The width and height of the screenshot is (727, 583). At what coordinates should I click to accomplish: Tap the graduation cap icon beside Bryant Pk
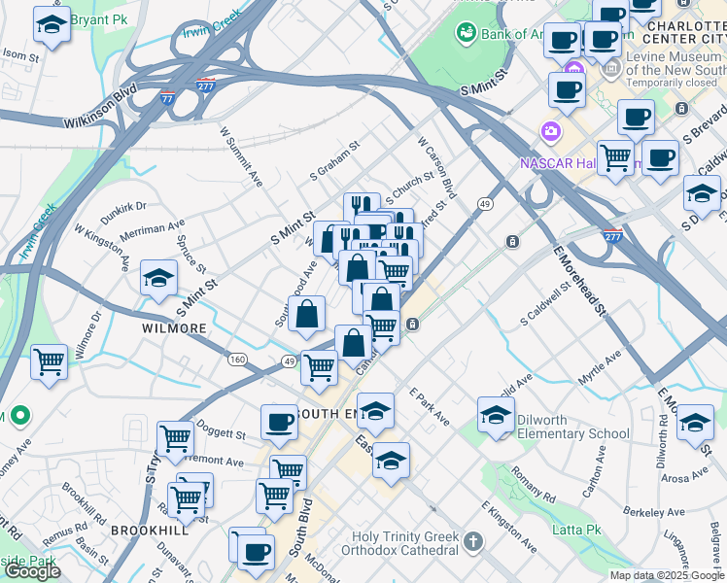[x=51, y=25]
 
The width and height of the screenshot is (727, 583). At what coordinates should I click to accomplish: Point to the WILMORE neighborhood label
[x=175, y=328]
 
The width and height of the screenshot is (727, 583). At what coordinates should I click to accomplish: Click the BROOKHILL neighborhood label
[x=142, y=531]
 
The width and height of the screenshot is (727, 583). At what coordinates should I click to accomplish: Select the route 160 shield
[x=237, y=359]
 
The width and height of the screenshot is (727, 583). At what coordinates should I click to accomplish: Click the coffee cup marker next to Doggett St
[x=279, y=423]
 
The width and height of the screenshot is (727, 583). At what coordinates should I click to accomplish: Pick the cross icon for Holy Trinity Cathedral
[x=472, y=540]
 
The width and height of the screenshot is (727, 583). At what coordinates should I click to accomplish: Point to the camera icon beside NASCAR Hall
[x=551, y=130]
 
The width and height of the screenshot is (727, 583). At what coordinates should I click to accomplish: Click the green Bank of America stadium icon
[x=465, y=34]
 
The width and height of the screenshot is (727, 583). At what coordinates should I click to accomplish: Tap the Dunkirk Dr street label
[x=121, y=206]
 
